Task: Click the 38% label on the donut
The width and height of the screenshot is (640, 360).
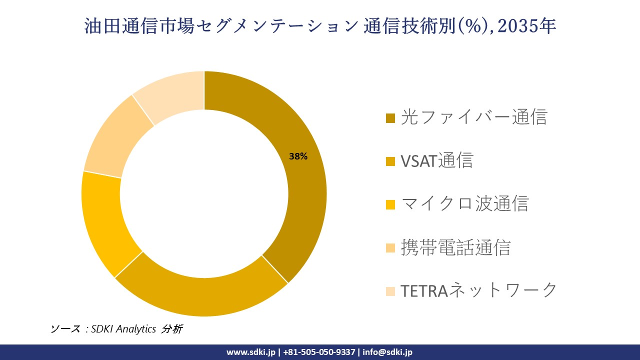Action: pos(298,156)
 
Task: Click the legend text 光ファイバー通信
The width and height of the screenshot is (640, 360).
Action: pos(474,117)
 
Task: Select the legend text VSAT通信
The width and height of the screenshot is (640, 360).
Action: pos(436,160)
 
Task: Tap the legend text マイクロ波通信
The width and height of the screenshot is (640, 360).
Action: pos(464,204)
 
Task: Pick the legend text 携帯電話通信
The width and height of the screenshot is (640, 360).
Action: pos(455,247)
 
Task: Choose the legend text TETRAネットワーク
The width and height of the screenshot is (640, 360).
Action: pos(478,290)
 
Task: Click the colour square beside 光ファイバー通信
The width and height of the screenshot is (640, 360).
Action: pos(390,118)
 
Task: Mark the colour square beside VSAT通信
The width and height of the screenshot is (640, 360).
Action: pos(390,161)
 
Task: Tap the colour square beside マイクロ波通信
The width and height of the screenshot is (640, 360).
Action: pos(390,204)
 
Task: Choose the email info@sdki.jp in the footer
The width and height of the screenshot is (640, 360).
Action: pos(387,352)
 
